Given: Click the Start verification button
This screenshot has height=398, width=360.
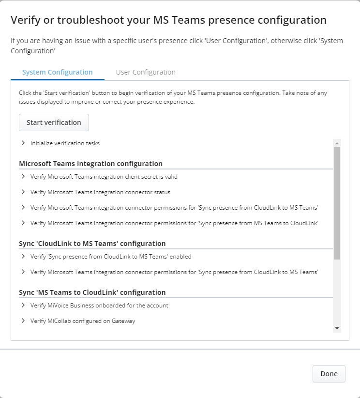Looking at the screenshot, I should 54,122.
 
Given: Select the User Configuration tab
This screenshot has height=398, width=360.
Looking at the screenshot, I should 146,72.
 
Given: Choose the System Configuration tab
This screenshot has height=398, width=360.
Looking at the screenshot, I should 57,72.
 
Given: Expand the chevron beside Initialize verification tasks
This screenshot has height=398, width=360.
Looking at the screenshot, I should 23,143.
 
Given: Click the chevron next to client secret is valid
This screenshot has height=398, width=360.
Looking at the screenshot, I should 23,177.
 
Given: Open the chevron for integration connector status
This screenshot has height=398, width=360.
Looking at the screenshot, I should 23,192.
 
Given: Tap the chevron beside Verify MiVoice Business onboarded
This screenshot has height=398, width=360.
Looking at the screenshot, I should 23,306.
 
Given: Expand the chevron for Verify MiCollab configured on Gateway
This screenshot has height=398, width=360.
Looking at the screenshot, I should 23,321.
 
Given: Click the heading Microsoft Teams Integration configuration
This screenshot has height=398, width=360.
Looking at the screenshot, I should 90,164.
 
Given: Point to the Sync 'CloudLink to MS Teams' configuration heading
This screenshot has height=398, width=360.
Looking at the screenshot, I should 92,244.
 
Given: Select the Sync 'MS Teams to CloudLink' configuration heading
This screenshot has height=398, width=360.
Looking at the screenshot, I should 92,292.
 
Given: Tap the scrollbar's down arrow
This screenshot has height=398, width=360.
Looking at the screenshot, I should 337,328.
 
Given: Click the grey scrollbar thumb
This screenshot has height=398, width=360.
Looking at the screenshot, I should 337,203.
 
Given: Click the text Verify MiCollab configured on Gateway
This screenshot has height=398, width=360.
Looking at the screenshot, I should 83,321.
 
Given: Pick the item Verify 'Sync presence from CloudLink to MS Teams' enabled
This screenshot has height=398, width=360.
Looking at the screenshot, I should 111,257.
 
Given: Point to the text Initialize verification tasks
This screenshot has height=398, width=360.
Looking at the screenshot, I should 65,143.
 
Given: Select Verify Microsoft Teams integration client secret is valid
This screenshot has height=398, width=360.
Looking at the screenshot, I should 104,177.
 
